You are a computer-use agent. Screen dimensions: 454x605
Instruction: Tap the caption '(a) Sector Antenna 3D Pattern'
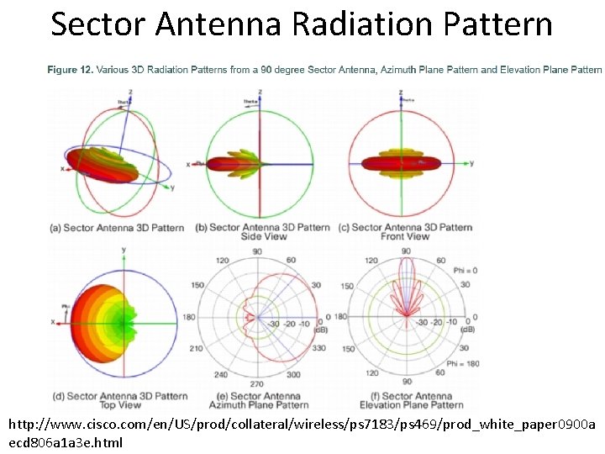click(x=117, y=227)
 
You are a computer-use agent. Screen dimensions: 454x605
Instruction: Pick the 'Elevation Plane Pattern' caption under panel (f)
click(x=407, y=405)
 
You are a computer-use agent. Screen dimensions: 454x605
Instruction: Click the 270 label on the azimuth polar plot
click(x=258, y=384)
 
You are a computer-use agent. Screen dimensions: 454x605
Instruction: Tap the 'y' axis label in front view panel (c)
click(x=471, y=162)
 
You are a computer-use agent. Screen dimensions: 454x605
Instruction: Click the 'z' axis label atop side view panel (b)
click(x=260, y=91)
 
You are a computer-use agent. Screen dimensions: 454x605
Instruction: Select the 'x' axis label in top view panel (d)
click(x=53, y=322)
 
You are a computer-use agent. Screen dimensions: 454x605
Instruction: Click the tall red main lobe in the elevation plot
click(x=407, y=277)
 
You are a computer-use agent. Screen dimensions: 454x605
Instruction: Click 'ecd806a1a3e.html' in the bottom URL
click(x=66, y=442)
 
